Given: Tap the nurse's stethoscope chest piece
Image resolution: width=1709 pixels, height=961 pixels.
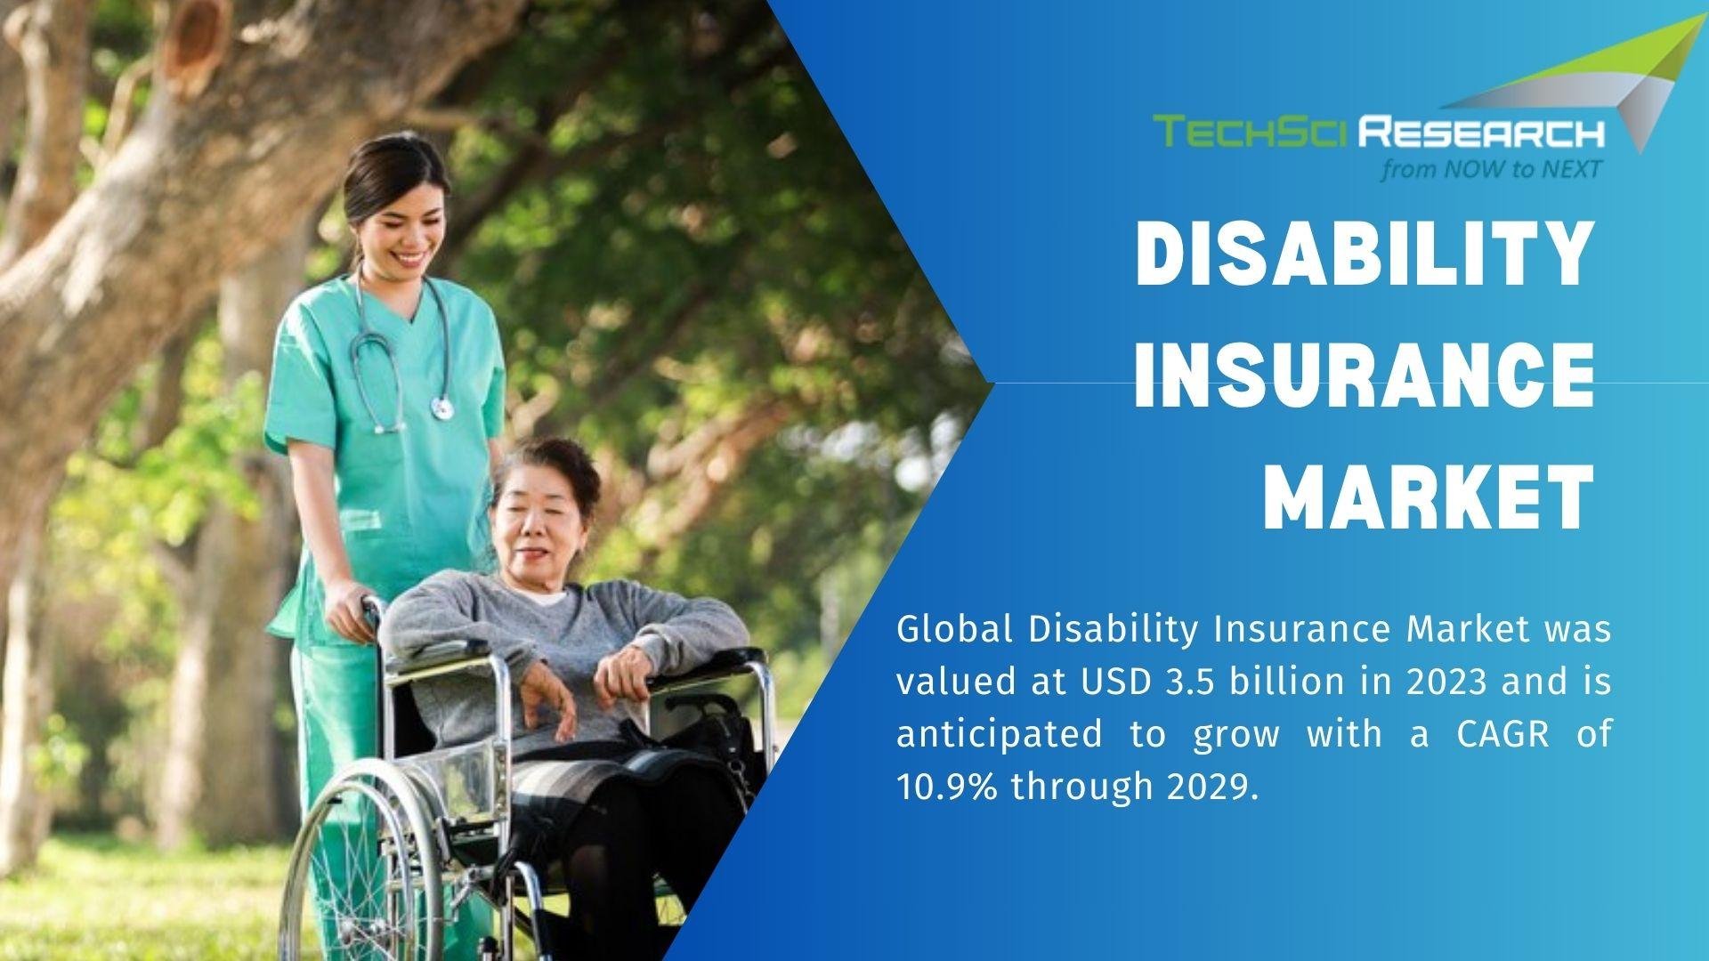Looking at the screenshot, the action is tap(441, 408).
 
